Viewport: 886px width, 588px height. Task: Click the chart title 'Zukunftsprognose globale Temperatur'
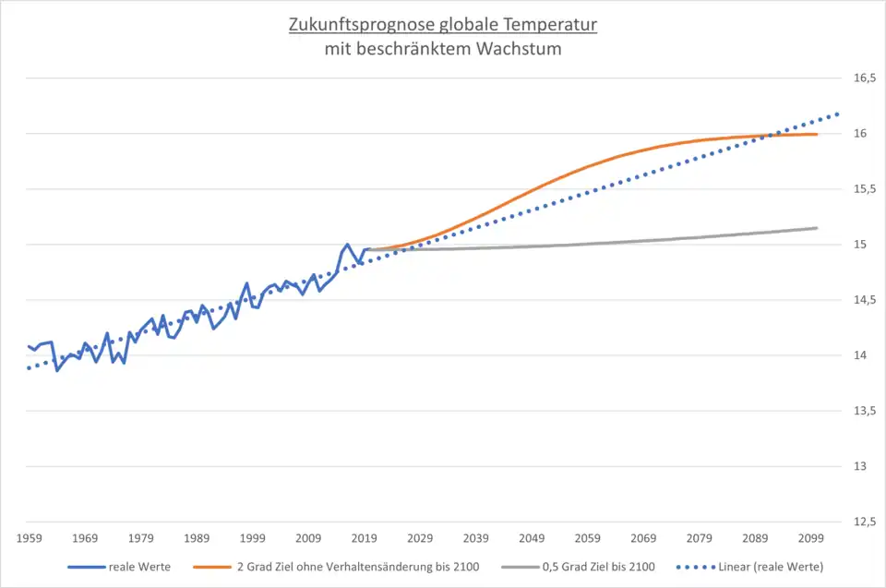(442, 24)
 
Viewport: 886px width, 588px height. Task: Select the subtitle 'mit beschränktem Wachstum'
(442, 49)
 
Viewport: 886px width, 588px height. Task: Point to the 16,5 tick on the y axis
(864, 78)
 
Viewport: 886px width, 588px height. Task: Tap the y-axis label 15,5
(864, 189)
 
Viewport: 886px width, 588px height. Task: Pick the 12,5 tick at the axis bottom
(864, 522)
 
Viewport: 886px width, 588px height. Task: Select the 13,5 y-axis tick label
(864, 411)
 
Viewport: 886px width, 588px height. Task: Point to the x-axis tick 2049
(531, 537)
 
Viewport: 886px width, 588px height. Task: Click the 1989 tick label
(197, 537)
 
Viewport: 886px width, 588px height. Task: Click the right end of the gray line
(817, 228)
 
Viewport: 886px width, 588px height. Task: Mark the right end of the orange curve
(817, 135)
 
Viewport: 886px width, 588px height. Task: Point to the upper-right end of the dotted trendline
(837, 114)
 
